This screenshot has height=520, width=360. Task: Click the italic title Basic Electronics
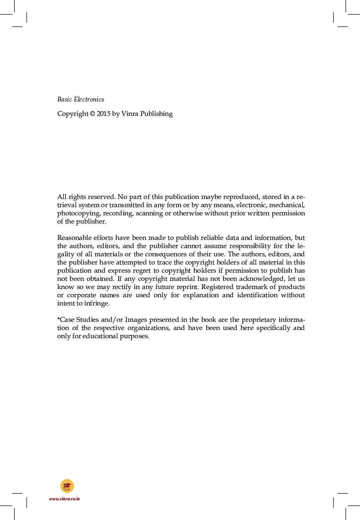[81, 99]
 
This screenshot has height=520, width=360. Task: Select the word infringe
[98, 303]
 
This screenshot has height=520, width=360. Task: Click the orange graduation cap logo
[67, 486]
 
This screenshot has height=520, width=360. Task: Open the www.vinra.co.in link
[64, 499]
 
